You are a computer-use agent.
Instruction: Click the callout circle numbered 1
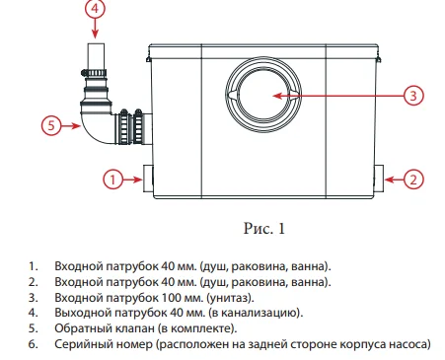112,180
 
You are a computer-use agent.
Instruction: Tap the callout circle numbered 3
414,96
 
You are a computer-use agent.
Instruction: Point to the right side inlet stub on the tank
380,180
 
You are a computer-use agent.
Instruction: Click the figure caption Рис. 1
263,229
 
